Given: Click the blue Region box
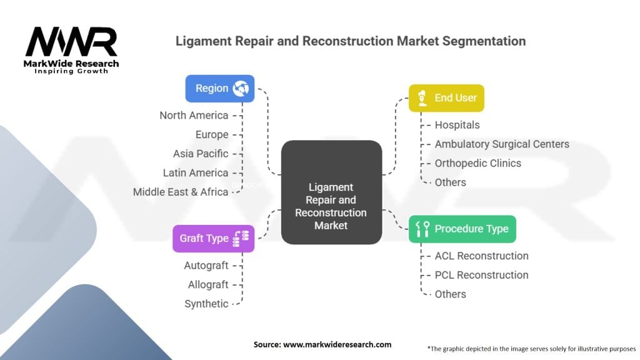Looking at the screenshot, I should click(219, 89).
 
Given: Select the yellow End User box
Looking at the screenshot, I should click(446, 97).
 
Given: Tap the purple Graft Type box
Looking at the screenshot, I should click(213, 238).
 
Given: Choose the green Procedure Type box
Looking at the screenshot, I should click(462, 229).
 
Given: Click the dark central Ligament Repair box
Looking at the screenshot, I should click(331, 192).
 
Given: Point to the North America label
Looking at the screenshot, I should click(194, 115).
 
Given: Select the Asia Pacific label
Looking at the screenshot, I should click(201, 153).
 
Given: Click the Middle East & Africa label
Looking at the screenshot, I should click(181, 192).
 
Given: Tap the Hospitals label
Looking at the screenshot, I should click(457, 125).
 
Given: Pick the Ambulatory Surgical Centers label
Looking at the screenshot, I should click(502, 144).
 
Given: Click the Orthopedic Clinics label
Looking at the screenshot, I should click(477, 163).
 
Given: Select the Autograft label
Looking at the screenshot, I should click(206, 266).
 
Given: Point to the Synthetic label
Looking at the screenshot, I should click(206, 304).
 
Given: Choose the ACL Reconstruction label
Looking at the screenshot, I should click(481, 256).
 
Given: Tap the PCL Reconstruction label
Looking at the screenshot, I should click(481, 275).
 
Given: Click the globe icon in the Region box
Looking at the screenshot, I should click(241, 89).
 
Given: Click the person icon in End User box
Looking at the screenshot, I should click(422, 97).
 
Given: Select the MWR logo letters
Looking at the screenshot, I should click(71, 42).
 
